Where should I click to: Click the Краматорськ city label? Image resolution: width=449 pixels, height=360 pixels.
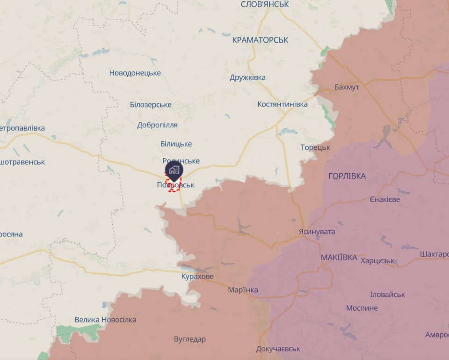[x=260, y=40]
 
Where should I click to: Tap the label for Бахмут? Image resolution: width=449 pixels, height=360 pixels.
[x=347, y=87]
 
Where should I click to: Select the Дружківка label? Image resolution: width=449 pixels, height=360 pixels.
[x=247, y=77]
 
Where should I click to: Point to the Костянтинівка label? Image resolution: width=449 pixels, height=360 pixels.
[x=282, y=104]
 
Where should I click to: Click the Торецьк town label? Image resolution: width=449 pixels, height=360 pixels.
[x=315, y=147]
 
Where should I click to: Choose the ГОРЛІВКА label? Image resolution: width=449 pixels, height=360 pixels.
[x=347, y=176]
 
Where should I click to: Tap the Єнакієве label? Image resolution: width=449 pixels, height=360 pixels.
[x=385, y=199]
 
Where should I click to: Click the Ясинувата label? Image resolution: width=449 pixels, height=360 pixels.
[x=317, y=231]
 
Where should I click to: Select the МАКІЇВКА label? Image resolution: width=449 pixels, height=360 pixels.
[x=339, y=257]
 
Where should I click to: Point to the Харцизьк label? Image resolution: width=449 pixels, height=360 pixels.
[x=378, y=261]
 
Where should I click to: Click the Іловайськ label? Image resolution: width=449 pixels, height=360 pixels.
[x=387, y=294]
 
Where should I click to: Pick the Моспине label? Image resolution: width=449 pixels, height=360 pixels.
[x=362, y=308]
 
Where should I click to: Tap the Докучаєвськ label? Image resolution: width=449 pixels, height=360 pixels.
[x=278, y=349]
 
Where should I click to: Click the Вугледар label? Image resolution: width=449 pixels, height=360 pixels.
[x=189, y=339]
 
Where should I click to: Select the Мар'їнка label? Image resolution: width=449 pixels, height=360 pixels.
[x=243, y=290]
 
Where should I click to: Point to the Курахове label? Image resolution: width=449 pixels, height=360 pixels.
[x=197, y=276]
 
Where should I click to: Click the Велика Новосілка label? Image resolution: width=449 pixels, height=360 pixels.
[x=105, y=320]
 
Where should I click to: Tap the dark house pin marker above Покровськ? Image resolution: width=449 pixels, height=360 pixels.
[x=174, y=170]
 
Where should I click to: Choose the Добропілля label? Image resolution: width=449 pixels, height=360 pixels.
[x=157, y=125]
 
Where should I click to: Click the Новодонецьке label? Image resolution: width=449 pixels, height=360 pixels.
[x=135, y=73]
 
